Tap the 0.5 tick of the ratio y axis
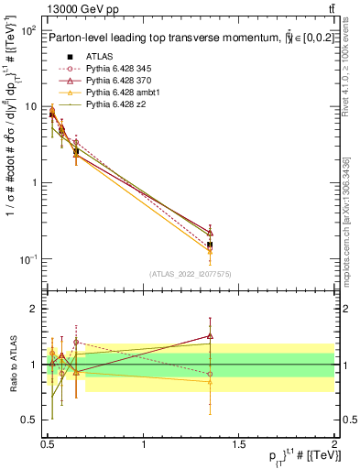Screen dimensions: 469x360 28,420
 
